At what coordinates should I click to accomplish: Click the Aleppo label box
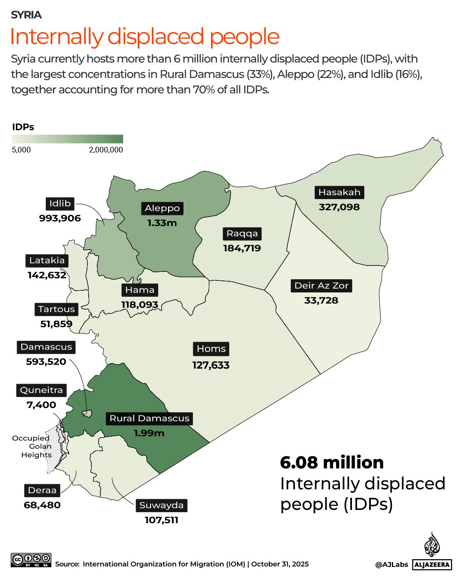coord(162,208)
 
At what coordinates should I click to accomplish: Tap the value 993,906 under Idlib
coord(60,218)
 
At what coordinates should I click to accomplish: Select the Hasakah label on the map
coord(339,192)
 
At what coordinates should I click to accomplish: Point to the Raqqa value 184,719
coord(242,248)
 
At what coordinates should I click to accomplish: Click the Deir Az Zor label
coord(321,286)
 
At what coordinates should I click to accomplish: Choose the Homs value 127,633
coord(211,365)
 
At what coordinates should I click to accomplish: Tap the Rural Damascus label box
coord(149,418)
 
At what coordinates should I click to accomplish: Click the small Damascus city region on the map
coord(87,414)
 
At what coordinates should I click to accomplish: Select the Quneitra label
coord(42,390)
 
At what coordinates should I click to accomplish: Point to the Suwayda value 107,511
coord(161,520)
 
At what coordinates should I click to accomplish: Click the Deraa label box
coord(42,490)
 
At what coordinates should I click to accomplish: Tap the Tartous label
coord(56,309)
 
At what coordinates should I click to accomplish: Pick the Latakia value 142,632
coord(47,275)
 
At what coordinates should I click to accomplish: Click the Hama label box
coord(140,290)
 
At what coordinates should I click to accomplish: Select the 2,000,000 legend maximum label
coord(106,150)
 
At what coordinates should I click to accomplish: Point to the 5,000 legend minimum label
coord(21,150)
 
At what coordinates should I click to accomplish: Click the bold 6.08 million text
coord(332,462)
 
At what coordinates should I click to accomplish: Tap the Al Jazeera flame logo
coord(432,545)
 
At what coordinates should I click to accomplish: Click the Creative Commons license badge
coord(31,560)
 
